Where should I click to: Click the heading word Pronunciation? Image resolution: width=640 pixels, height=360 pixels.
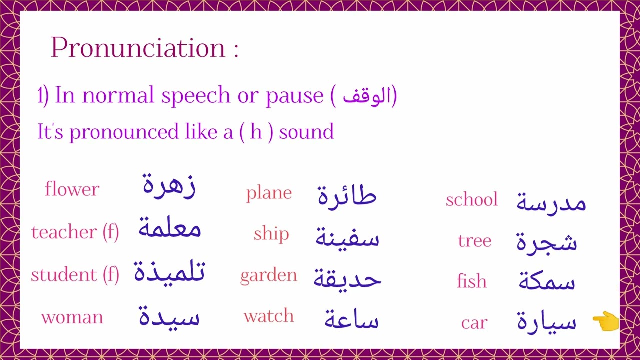point(138,48)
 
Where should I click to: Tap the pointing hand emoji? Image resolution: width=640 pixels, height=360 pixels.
point(605,322)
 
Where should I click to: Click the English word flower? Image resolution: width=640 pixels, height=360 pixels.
point(72,189)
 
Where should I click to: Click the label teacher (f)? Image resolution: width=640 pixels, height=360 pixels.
point(75,232)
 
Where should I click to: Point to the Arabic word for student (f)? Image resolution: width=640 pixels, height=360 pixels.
point(169,273)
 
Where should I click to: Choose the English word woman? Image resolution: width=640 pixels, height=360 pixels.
point(72,317)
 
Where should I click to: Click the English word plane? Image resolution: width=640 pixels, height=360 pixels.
point(269,193)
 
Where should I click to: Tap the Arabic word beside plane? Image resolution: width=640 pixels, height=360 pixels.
point(347,195)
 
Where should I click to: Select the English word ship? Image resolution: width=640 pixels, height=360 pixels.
point(271,234)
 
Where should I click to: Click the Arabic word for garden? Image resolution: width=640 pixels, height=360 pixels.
point(347,278)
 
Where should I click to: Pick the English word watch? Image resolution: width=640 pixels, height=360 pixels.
point(269,316)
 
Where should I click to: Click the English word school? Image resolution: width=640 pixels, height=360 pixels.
point(472,200)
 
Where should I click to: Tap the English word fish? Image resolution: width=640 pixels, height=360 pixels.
point(471,281)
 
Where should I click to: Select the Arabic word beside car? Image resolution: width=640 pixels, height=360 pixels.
point(546,321)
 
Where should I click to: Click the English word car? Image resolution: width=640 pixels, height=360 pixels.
point(474,323)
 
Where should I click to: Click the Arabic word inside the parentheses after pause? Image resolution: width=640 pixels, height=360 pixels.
point(366,96)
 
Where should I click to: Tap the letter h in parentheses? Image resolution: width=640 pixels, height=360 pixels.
point(256,132)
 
